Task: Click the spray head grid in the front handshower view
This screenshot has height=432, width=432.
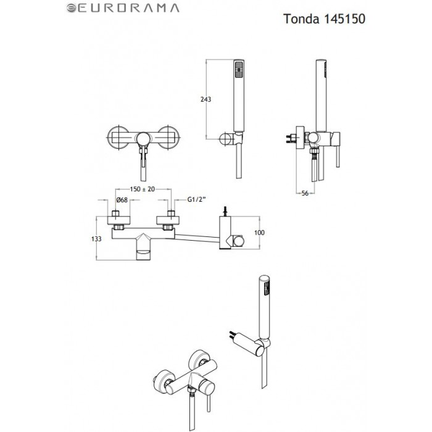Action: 238,66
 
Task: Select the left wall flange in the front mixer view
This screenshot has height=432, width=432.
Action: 117,136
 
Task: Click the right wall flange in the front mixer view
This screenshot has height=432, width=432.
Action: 168,136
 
